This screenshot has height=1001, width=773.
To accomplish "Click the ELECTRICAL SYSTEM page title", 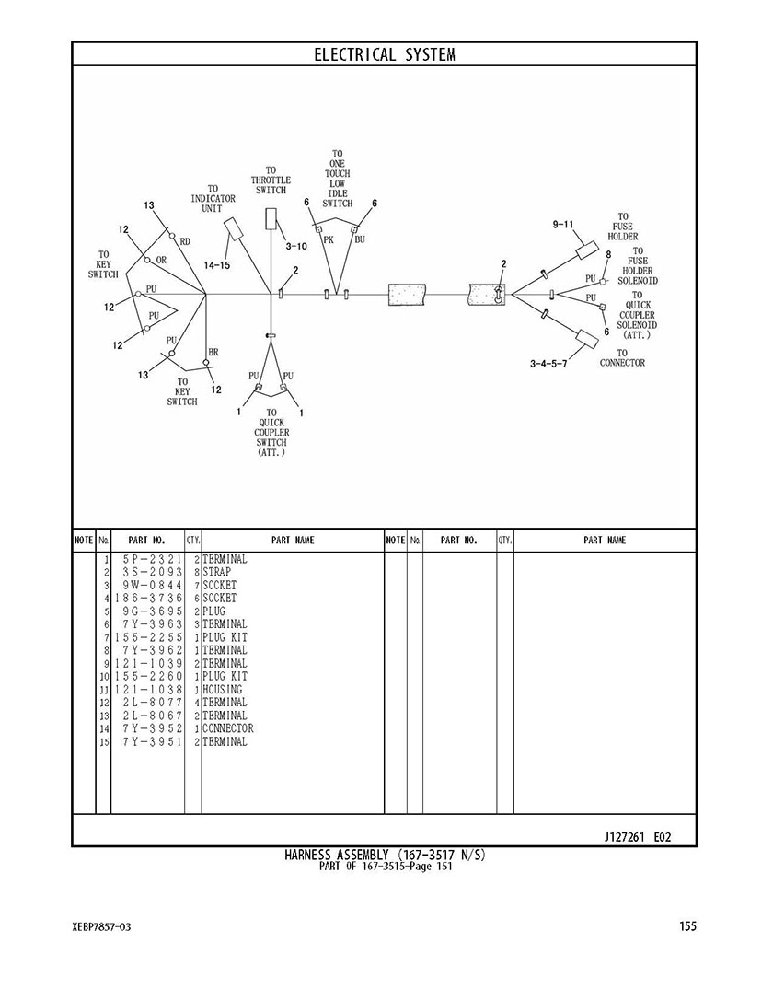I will point(385,54).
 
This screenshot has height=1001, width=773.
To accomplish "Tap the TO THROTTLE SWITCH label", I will point(271,180).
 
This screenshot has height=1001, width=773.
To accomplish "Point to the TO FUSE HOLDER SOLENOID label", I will point(638,265).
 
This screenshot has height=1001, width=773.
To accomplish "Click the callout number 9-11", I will point(563,225).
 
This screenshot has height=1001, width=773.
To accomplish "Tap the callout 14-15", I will point(217,265).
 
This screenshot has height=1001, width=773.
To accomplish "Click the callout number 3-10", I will point(296,246).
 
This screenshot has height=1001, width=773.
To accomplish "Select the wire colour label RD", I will point(185,241).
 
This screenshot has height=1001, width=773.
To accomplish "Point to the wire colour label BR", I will point(213,352).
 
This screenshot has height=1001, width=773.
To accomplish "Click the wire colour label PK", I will point(329,239).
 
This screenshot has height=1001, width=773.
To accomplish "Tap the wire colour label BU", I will point(360,239).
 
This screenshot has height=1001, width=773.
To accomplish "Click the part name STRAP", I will point(217,572).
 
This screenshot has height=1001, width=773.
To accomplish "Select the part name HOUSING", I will point(223,689).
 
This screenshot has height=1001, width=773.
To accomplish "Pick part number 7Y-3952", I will point(152,728).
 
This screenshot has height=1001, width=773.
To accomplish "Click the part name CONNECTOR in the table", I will point(227,728).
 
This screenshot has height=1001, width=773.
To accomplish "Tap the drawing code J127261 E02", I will point(638,837).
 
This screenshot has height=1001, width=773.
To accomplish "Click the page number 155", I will point(687,926).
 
